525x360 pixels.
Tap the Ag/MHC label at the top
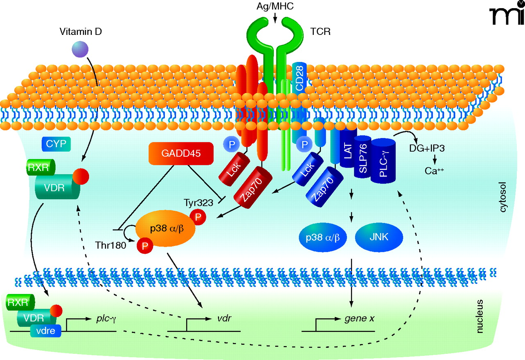pyautogui.click(x=275, y=7)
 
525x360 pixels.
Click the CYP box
pyautogui.click(x=56, y=144)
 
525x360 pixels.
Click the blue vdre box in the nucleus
pyautogui.click(x=45, y=330)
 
